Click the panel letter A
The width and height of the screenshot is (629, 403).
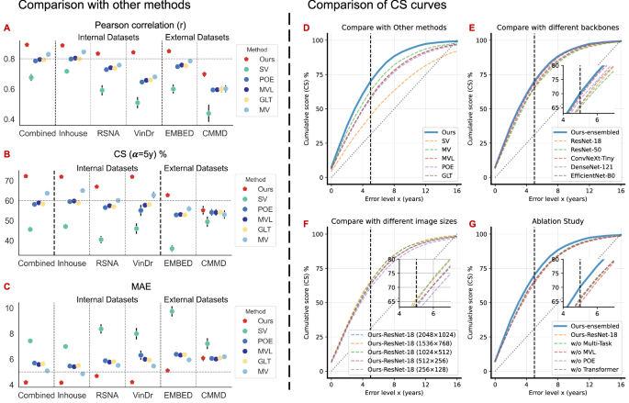pos(7,29)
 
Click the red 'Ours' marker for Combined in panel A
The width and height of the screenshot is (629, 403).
pos(28,44)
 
